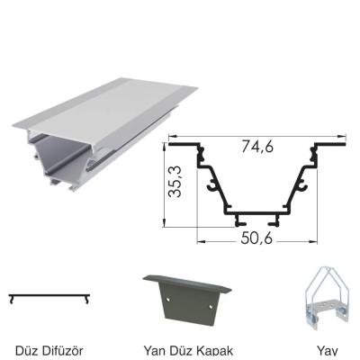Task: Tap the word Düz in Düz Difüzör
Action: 28,348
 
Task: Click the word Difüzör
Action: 61,348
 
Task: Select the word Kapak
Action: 211,348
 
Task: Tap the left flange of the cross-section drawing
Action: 183,143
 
